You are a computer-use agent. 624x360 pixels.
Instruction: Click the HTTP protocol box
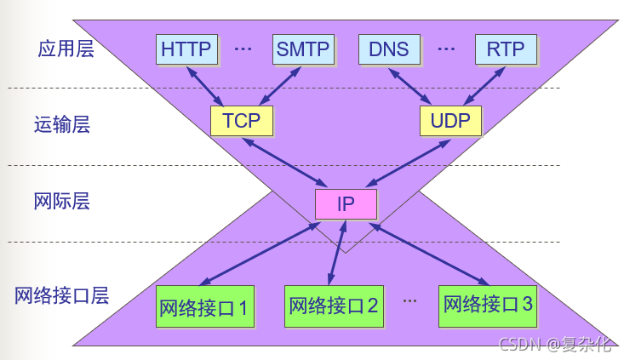186,49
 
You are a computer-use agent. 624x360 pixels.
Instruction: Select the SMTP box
303,49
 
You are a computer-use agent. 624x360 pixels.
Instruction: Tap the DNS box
389,49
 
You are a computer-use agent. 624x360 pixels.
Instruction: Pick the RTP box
506,49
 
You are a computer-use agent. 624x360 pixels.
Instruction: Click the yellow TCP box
242,120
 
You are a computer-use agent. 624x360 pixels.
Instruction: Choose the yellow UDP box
450,120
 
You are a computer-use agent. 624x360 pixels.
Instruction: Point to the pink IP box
346,203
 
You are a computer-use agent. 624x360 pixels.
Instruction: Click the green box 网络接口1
204,306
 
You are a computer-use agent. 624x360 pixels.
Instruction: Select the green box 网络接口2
334,306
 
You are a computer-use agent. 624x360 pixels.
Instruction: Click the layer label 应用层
66,49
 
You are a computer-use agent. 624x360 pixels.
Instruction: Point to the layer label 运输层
62,125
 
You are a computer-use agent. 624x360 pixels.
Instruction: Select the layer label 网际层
62,202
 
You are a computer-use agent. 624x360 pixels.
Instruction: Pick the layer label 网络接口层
62,296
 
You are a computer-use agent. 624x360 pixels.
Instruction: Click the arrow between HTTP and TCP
207,85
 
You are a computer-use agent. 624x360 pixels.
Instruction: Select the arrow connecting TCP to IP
285,162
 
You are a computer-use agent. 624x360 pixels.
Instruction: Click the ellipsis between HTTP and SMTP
243,49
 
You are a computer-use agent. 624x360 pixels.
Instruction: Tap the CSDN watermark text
555,345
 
